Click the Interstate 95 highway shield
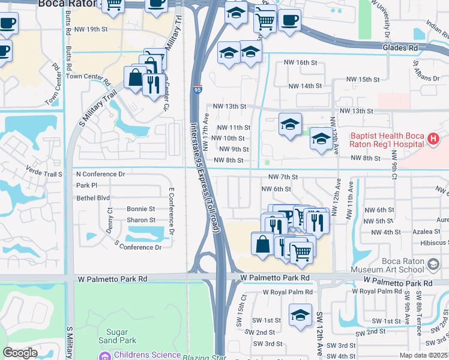tap(197, 90)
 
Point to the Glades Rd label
tap(400, 47)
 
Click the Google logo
tap(20, 352)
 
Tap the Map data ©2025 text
tap(423, 355)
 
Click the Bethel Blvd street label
tap(93, 197)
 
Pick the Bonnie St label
tap(141, 209)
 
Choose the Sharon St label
tap(141, 220)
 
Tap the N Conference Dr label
tap(100, 174)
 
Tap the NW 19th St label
tap(92, 29)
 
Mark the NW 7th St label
tap(283, 177)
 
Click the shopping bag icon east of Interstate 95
tap(262, 243)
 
